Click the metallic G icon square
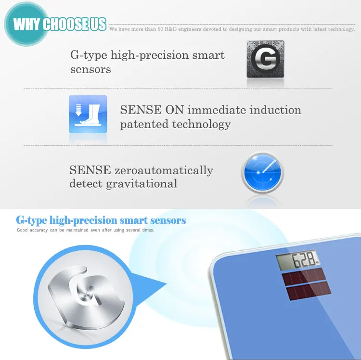[x=265, y=59]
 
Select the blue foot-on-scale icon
[x=88, y=114]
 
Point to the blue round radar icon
[x=262, y=173]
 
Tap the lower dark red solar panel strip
[x=309, y=291]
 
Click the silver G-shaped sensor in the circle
[x=86, y=297]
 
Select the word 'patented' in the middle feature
[x=144, y=124]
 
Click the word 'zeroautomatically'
[x=164, y=170]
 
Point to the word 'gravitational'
[x=142, y=184]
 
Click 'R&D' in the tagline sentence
[x=170, y=29]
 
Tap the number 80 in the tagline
[x=160, y=29]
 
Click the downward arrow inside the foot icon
[x=78, y=110]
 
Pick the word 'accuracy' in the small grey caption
[x=39, y=230]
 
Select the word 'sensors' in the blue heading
[x=168, y=220]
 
